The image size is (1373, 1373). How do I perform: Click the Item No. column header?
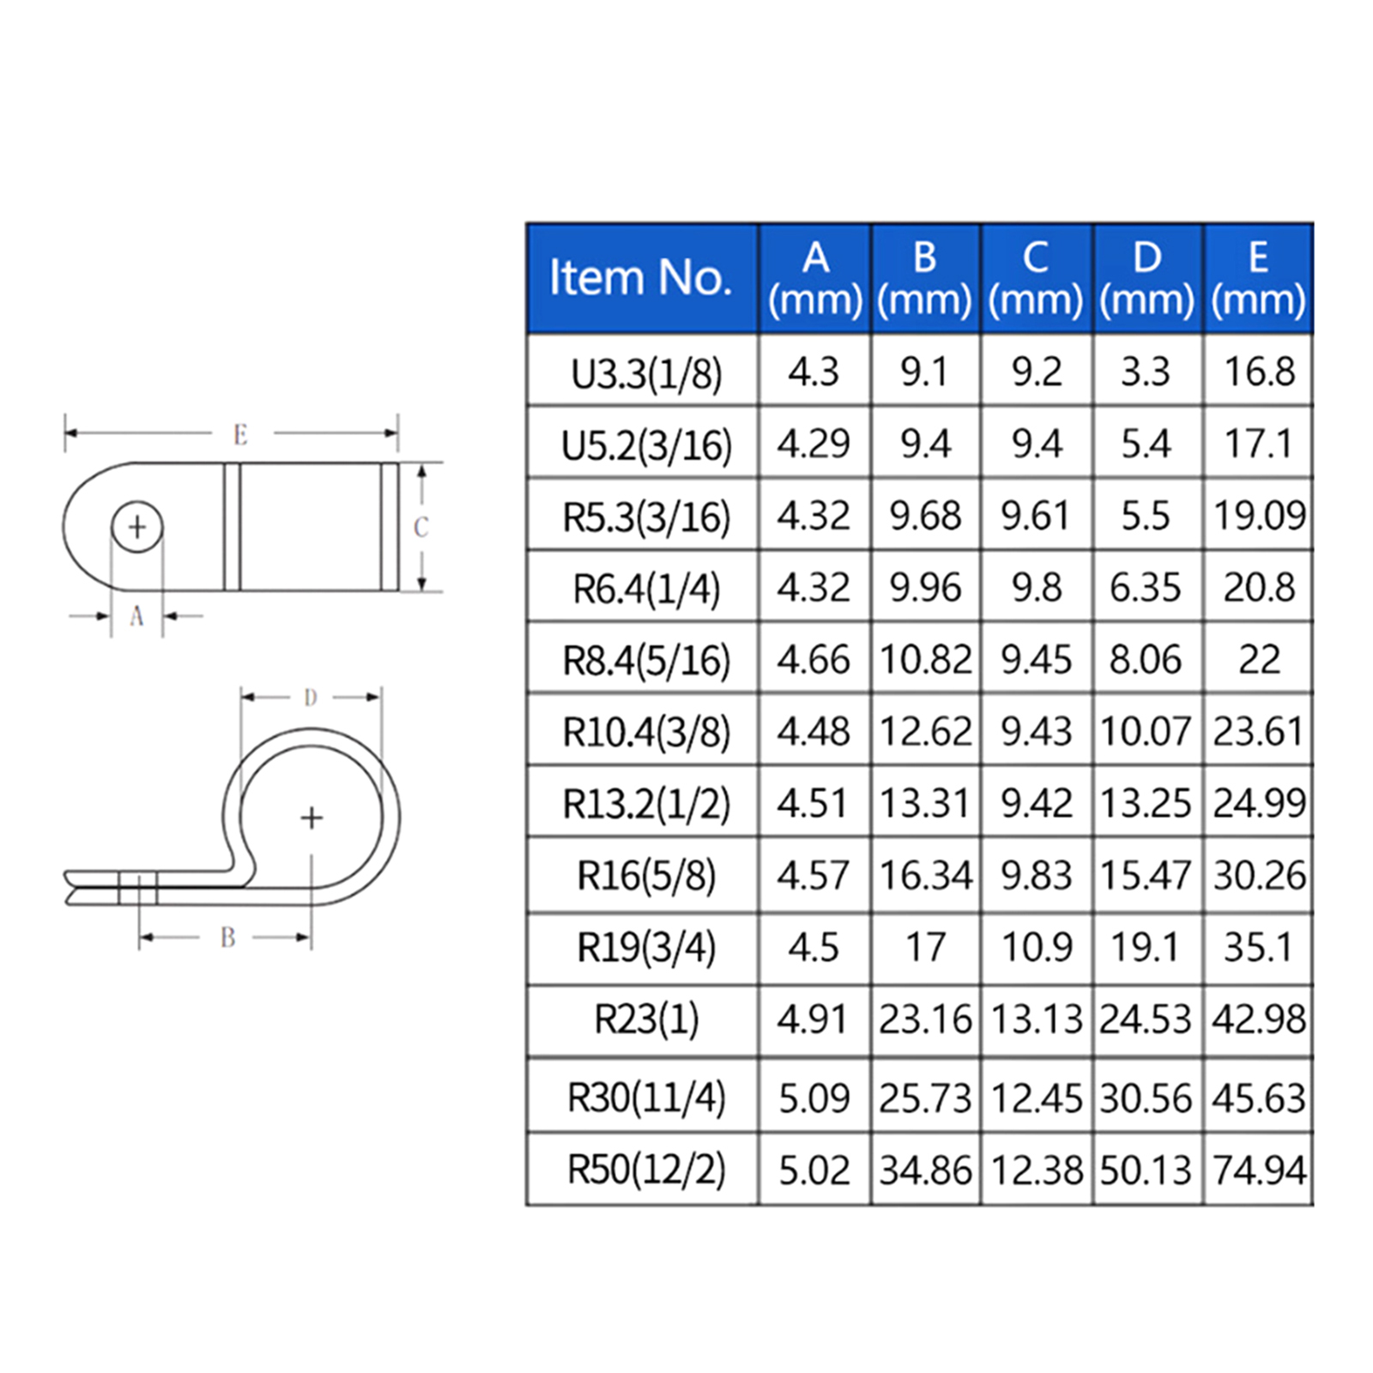(x=640, y=277)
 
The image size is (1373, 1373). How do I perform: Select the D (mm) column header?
(x=1146, y=279)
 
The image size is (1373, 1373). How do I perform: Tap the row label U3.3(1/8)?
(x=646, y=373)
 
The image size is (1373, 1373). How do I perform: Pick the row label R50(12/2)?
(x=646, y=1170)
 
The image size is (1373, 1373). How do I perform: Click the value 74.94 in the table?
(x=1259, y=1170)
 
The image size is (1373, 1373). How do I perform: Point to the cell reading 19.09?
(x=1259, y=516)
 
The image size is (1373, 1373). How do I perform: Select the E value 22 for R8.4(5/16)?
(x=1259, y=660)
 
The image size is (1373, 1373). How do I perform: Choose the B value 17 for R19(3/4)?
(x=925, y=947)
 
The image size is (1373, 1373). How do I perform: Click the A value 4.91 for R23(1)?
(x=813, y=1019)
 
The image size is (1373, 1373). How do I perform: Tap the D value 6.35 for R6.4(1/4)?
(x=1145, y=588)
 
